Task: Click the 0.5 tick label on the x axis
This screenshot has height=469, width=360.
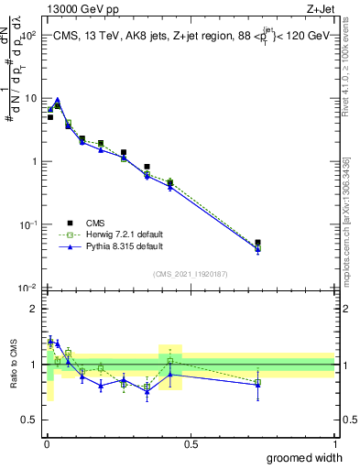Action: pyautogui.click(x=190, y=443)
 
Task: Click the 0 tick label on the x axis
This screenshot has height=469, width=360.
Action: pyautogui.click(x=45, y=443)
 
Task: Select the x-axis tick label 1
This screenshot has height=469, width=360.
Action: pyautogui.click(x=334, y=443)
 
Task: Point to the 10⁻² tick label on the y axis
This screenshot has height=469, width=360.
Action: pyautogui.click(x=27, y=288)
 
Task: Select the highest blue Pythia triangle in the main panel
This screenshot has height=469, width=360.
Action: pyautogui.click(x=57, y=101)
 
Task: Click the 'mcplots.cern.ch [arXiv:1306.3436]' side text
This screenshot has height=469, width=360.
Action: pyautogui.click(x=346, y=220)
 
